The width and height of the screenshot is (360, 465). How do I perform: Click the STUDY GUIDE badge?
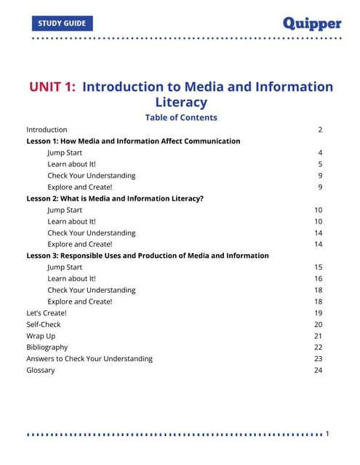pyautogui.click(x=63, y=23)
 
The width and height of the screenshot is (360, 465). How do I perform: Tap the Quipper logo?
pyautogui.click(x=311, y=23)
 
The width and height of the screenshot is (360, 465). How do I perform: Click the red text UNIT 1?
pyautogui.click(x=52, y=87)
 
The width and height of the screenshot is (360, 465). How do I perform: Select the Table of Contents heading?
pyautogui.click(x=180, y=117)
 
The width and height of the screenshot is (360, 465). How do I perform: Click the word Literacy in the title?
pyautogui.click(x=180, y=102)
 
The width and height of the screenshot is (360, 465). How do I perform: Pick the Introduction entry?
pyautogui.click(x=47, y=129)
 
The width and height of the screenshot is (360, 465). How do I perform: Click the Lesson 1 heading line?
pyautogui.click(x=133, y=141)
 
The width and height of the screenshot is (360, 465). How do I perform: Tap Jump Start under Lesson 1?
pyautogui.click(x=65, y=153)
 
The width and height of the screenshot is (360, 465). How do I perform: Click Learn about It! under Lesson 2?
pyautogui.click(x=71, y=221)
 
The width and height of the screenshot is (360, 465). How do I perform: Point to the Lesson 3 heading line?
pyautogui.click(x=147, y=256)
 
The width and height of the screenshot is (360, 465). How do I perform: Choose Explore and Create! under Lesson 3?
pyautogui.click(x=80, y=301)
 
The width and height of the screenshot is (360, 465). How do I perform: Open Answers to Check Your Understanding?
pyautogui.click(x=89, y=359)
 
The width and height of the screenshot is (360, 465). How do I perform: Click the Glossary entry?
pyautogui.click(x=40, y=371)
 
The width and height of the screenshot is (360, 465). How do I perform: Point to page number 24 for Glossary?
pyautogui.click(x=318, y=371)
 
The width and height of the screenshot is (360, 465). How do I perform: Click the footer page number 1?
pyautogui.click(x=327, y=434)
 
